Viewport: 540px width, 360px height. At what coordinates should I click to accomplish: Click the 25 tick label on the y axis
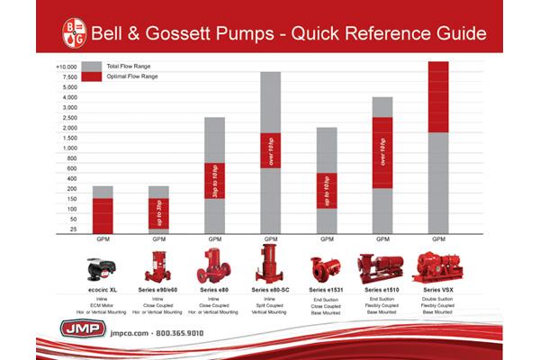(71, 229)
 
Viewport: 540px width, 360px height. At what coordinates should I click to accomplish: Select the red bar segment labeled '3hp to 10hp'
(215, 180)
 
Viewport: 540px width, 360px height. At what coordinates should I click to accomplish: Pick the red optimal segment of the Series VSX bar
(438, 96)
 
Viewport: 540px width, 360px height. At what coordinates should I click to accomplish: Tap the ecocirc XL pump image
(103, 268)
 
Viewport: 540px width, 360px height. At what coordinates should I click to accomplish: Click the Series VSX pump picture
(438, 268)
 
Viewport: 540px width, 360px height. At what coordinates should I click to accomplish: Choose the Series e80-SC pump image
(271, 265)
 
